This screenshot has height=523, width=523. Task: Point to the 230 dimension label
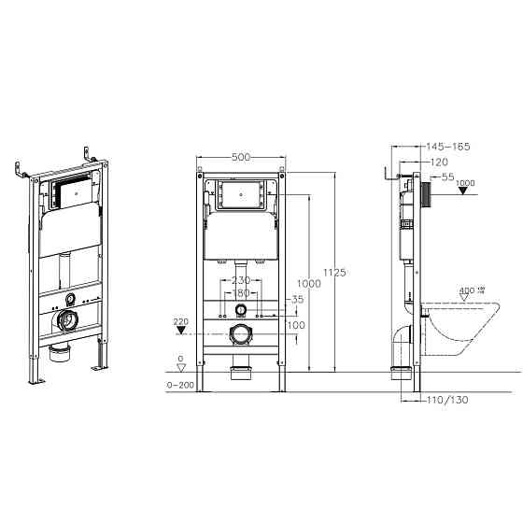coord(241,280)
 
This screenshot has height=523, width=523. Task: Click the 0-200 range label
coord(181,384)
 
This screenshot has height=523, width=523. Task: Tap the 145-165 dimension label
coord(447,147)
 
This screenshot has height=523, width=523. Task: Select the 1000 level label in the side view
coord(467,183)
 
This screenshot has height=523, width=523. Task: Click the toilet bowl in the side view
coord(464,327)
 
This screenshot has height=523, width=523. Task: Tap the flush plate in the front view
coord(242,195)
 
